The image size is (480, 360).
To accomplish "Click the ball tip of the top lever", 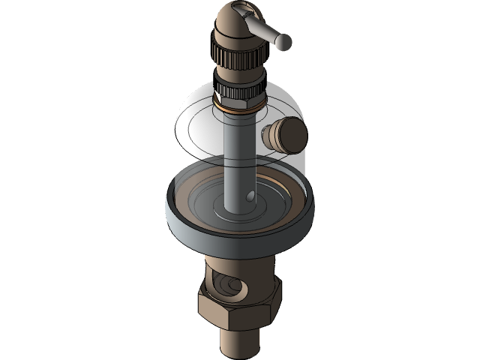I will click(x=283, y=43).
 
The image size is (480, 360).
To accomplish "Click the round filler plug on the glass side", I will click(x=284, y=135).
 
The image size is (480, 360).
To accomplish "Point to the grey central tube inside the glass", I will click(x=239, y=157).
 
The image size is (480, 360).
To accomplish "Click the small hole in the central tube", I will click(x=250, y=197).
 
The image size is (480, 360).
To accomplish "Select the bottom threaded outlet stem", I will click(x=238, y=341).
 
